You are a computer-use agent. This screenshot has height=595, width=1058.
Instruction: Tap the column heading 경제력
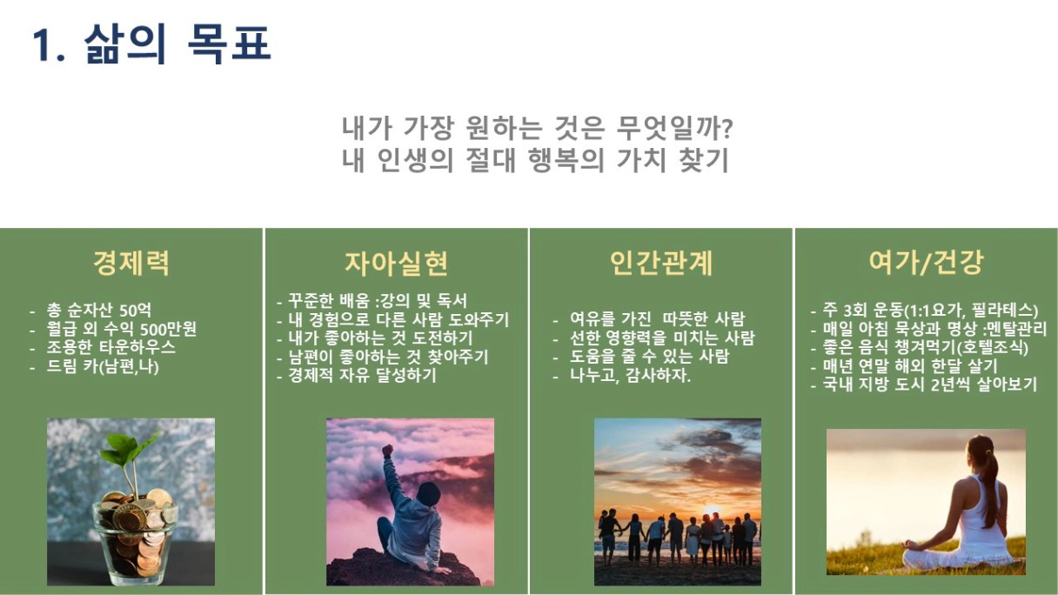pyautogui.click(x=131, y=263)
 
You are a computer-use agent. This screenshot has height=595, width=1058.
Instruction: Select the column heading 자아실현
pyautogui.click(x=396, y=263)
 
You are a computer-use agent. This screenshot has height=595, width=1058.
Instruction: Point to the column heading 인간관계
pyautogui.click(x=660, y=263)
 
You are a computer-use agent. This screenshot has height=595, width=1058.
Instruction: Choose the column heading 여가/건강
pyautogui.click(x=926, y=262)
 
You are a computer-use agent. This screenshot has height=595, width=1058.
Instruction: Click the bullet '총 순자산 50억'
pyautogui.click(x=98, y=311)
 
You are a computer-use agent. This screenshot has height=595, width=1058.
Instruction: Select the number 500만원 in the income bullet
pyautogui.click(x=168, y=329)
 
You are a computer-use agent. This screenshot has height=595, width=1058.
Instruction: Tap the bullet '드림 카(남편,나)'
pyautogui.click(x=103, y=367)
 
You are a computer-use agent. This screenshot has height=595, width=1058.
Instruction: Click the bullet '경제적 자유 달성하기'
pyautogui.click(x=362, y=376)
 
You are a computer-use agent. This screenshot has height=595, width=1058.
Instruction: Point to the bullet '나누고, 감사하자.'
pyautogui.click(x=630, y=376)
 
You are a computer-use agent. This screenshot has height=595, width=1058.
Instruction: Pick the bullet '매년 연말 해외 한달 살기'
pyautogui.click(x=910, y=366)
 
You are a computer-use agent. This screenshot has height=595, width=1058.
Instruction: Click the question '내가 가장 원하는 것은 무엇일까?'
pyautogui.click(x=537, y=129)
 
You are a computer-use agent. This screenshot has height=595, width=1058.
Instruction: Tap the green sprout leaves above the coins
pyautogui.click(x=128, y=447)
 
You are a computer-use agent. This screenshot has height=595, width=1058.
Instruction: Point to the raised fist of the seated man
pyautogui.click(x=388, y=451)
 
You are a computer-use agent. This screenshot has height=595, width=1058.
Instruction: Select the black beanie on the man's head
pyautogui.click(x=428, y=493)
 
